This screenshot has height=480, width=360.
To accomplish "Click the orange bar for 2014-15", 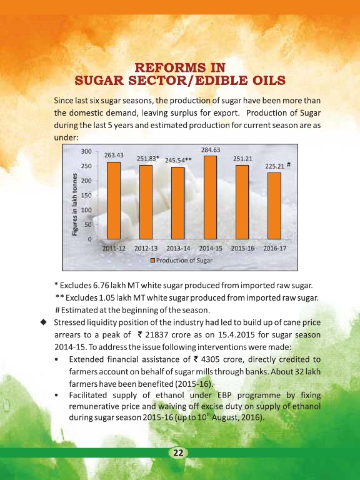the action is (x=210, y=197).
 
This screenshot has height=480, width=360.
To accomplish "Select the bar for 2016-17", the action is (x=274, y=206).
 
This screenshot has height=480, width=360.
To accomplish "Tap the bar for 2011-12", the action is (x=114, y=201).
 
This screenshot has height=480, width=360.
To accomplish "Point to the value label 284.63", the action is (x=211, y=150).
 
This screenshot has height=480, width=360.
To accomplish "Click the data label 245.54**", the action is (x=179, y=160).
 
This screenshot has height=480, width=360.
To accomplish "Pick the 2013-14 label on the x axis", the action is (x=178, y=248).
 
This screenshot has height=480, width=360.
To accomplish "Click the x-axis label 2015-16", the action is (x=242, y=248).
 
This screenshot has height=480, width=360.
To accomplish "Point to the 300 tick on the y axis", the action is (x=86, y=151).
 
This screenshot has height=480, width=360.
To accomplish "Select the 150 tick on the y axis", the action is (x=86, y=195).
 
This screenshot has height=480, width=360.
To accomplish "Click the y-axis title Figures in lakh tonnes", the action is (x=74, y=204).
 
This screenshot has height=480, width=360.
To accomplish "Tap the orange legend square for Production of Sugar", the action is (x=152, y=260).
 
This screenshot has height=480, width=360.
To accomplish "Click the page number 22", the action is (x=178, y=452).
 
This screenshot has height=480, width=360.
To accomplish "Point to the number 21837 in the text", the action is (x=157, y=334).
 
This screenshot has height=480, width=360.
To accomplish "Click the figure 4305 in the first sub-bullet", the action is (x=210, y=359).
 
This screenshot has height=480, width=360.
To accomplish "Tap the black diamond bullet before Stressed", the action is (x=44, y=322).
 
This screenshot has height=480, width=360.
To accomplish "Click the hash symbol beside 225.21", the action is (x=289, y=165).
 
